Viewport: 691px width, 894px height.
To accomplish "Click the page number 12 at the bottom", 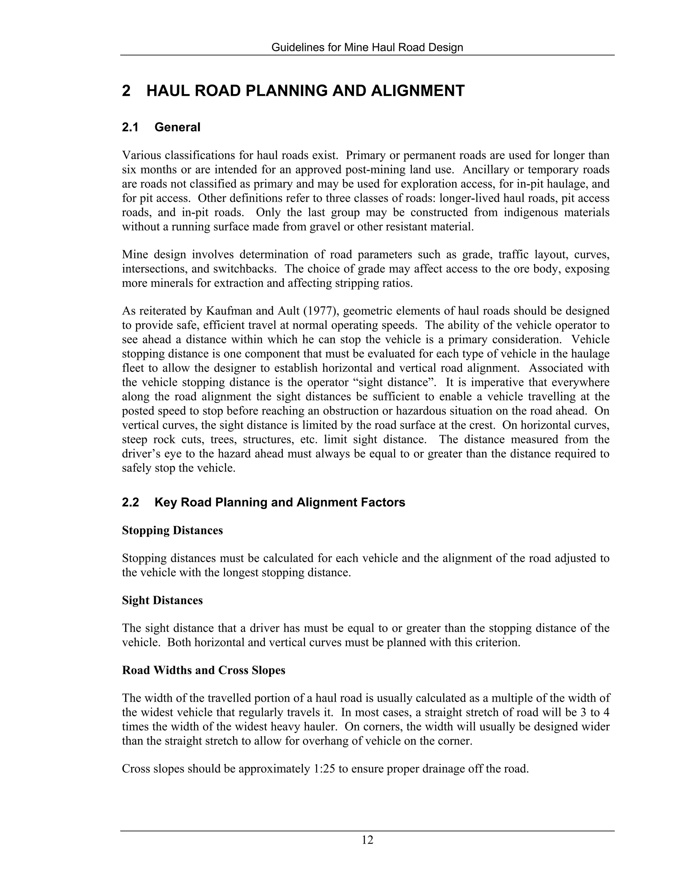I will [x=367, y=840].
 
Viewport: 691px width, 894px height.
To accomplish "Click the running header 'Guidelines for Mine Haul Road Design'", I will [x=367, y=48].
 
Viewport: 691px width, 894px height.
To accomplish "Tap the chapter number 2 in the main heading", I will [x=126, y=91].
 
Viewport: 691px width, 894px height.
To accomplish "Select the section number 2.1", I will [x=130, y=127].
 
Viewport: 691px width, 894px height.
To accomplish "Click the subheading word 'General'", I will [x=177, y=127].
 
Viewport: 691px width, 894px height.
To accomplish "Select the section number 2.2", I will [x=130, y=502].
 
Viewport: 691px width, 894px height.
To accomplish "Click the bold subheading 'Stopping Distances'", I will [x=172, y=531].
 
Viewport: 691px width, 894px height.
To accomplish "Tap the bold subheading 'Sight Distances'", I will [x=162, y=600].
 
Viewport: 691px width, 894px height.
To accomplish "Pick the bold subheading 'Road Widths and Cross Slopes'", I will [x=203, y=670].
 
